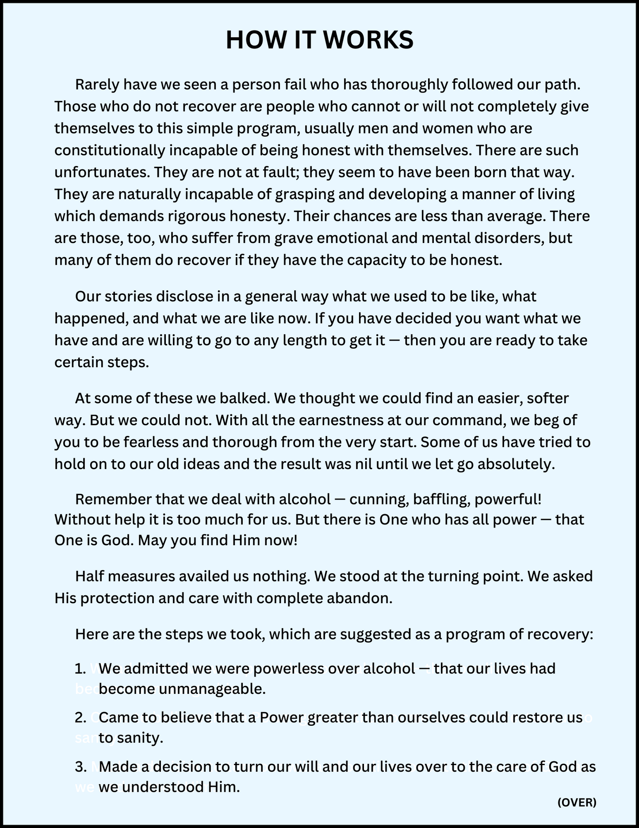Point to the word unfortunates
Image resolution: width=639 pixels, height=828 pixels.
coord(102,172)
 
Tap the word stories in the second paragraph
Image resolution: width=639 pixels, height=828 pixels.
coord(126,296)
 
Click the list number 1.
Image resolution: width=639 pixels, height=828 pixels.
coord(80,668)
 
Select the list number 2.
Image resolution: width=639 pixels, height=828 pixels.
coord(80,717)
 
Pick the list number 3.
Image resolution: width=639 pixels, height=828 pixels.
coord(80,766)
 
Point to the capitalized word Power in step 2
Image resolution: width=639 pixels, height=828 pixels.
coord(281,717)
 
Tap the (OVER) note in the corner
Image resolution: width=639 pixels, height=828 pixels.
coord(577,802)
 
